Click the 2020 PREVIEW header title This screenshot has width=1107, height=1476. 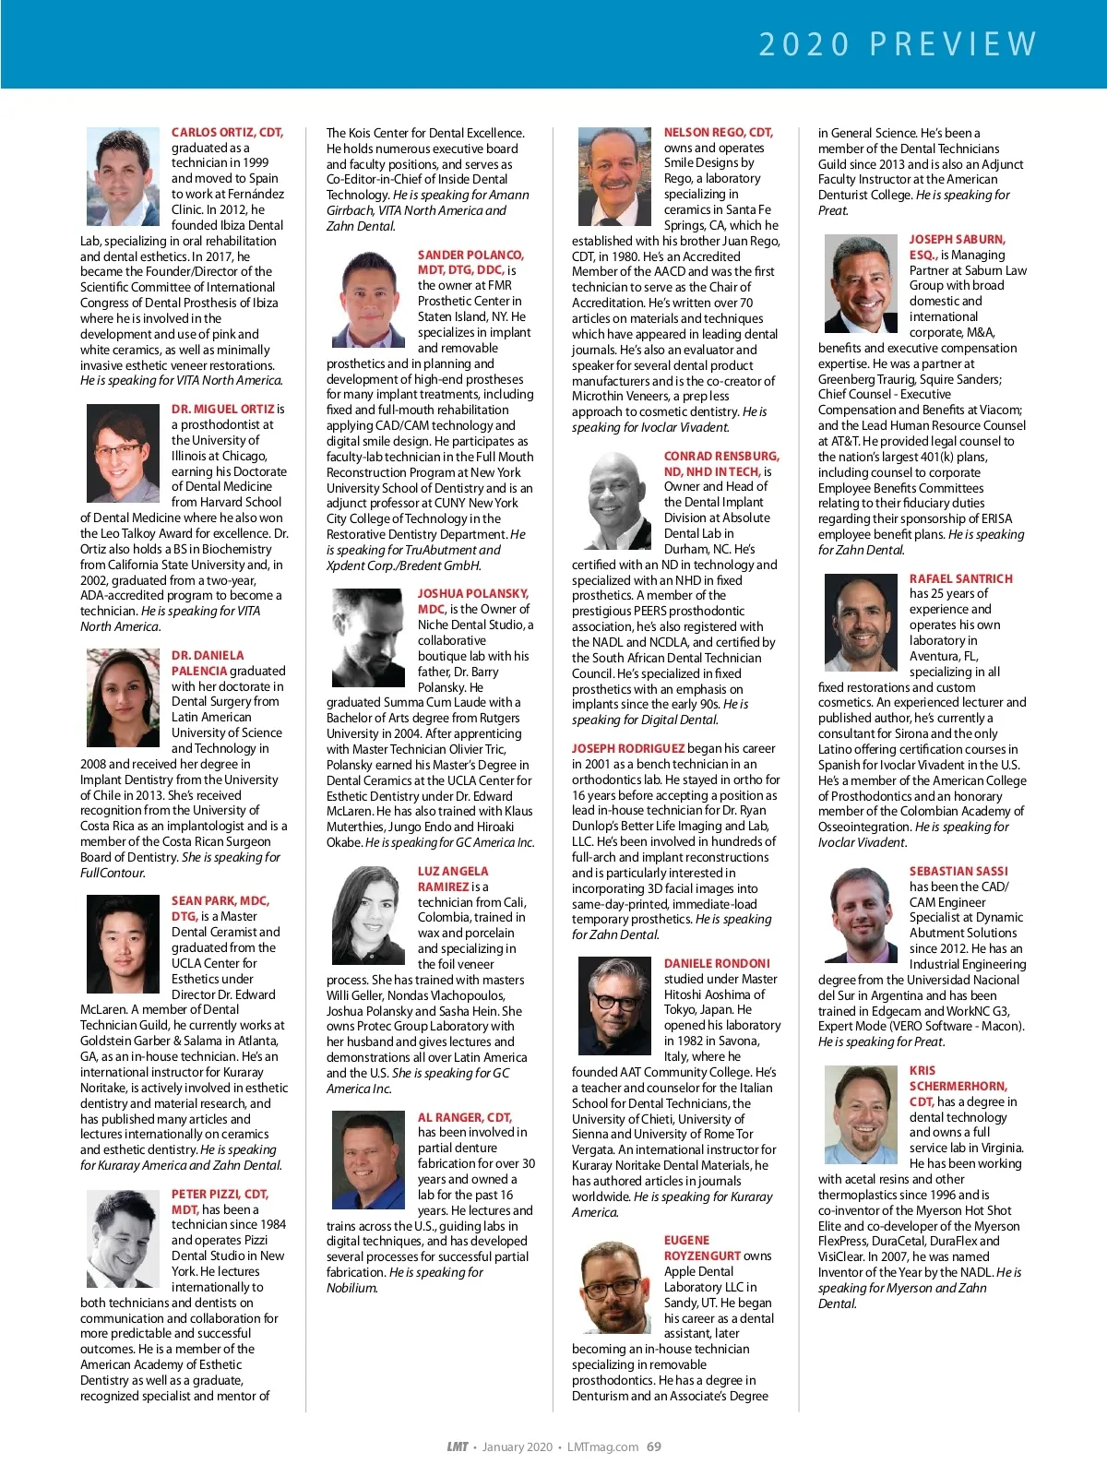point(898,44)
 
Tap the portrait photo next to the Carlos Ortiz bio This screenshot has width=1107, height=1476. point(123,178)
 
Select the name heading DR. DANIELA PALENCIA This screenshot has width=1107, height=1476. point(208,662)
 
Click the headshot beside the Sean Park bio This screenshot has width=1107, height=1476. point(123,944)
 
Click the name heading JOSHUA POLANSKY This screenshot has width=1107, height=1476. point(472,593)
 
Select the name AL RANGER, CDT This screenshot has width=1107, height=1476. point(464,1117)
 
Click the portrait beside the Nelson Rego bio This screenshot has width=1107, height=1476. point(614,178)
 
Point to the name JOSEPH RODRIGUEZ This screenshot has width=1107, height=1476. point(628,748)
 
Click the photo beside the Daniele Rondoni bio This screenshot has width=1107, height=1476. point(614,1006)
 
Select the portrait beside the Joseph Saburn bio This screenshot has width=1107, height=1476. point(861,284)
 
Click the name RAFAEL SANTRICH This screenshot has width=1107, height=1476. point(960,578)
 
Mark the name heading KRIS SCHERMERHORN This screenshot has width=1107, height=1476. point(958,1086)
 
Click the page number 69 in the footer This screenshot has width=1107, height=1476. point(654,1446)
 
